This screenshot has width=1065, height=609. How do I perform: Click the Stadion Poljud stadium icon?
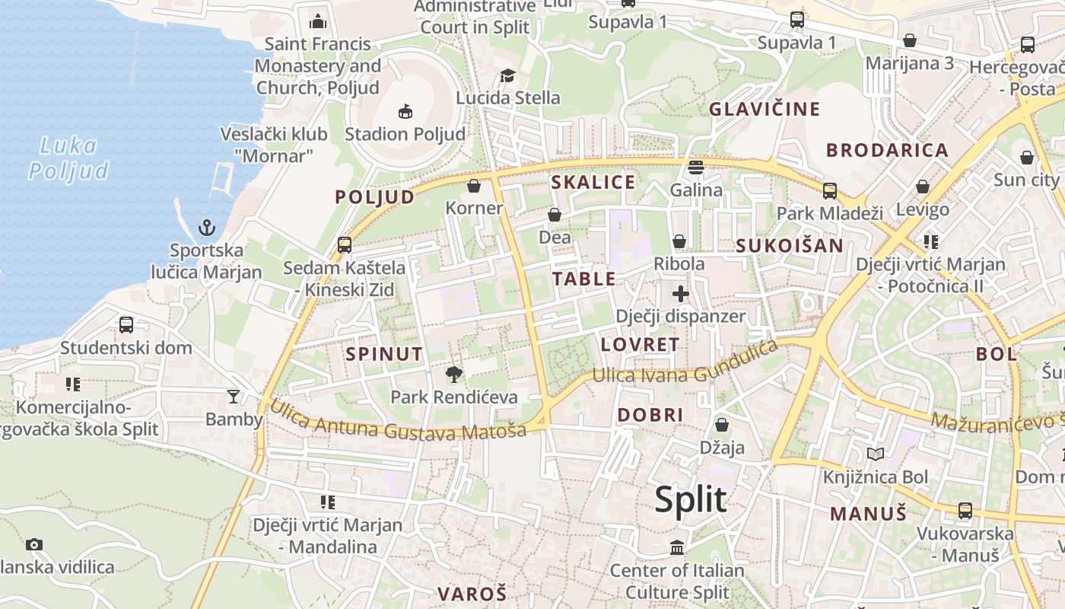[x=405, y=111]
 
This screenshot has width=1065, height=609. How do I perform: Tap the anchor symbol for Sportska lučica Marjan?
[x=206, y=227]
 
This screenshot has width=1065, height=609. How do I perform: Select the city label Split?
[x=691, y=500]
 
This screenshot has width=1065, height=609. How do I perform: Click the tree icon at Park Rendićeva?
[x=454, y=374]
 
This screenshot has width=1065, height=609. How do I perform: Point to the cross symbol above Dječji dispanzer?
[x=680, y=293]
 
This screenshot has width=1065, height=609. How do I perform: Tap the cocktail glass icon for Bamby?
[x=233, y=396]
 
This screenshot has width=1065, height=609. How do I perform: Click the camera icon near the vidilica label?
[x=33, y=544]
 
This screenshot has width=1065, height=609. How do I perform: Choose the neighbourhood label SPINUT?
[x=383, y=354]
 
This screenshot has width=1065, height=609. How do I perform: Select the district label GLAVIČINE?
[x=765, y=109]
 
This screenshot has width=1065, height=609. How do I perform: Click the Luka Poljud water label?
[x=69, y=158]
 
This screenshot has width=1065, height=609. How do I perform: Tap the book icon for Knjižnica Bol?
[x=876, y=454]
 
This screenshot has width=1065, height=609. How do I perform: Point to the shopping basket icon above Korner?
[x=474, y=185]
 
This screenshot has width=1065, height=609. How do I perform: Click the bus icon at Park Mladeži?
[x=829, y=190]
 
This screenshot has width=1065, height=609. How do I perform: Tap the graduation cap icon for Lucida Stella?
[x=507, y=75]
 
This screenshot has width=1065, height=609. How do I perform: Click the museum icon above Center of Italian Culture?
[x=677, y=547]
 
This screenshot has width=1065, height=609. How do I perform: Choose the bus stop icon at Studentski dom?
[x=126, y=325]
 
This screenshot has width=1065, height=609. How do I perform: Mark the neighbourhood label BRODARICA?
[x=887, y=150]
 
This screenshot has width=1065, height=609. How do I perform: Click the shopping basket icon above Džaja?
[x=721, y=424]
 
